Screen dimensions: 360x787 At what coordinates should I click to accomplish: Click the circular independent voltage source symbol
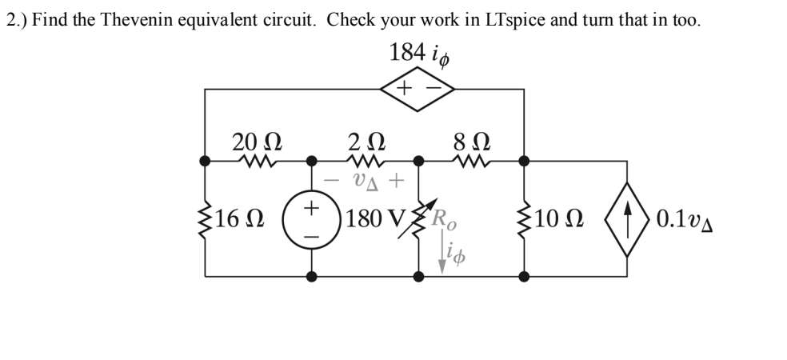click(x=312, y=218)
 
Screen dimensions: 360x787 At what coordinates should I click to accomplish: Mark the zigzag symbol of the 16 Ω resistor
click(x=205, y=218)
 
